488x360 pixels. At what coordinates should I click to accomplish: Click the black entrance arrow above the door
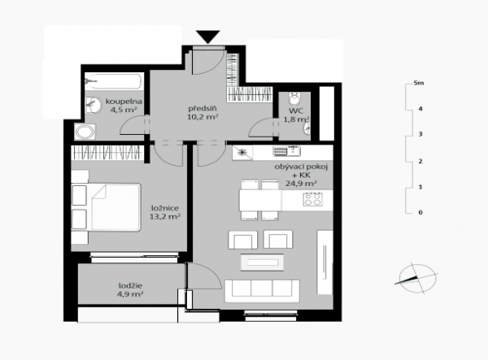pos(208,37)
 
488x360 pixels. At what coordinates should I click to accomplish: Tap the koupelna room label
pos(124,102)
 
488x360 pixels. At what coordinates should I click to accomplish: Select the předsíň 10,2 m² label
pos(203,112)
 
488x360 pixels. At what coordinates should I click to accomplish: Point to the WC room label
pos(296,111)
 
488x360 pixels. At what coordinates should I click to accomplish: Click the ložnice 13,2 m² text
pos(165,212)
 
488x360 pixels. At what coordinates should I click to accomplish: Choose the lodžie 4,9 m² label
pos(130,290)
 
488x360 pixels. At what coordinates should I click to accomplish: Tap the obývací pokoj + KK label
pos(301,171)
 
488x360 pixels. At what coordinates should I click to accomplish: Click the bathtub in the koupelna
pos(114,81)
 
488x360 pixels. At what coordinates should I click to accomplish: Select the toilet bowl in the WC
pos(294,98)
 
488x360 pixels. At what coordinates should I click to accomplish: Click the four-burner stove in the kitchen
pos(312,199)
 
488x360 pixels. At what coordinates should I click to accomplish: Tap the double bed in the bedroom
pos(106,207)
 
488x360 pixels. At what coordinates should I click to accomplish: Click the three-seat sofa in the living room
pos(262,291)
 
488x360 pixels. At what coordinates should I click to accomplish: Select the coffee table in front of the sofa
pos(262,262)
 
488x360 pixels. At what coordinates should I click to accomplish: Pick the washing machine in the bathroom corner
pos(85,132)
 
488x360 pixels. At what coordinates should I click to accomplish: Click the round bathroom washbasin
pos(93,105)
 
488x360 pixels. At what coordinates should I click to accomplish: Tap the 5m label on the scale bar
pos(419,83)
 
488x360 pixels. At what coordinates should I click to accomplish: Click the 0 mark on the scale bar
pos(420,212)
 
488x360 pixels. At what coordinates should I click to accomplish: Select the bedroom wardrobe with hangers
pos(107,153)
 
